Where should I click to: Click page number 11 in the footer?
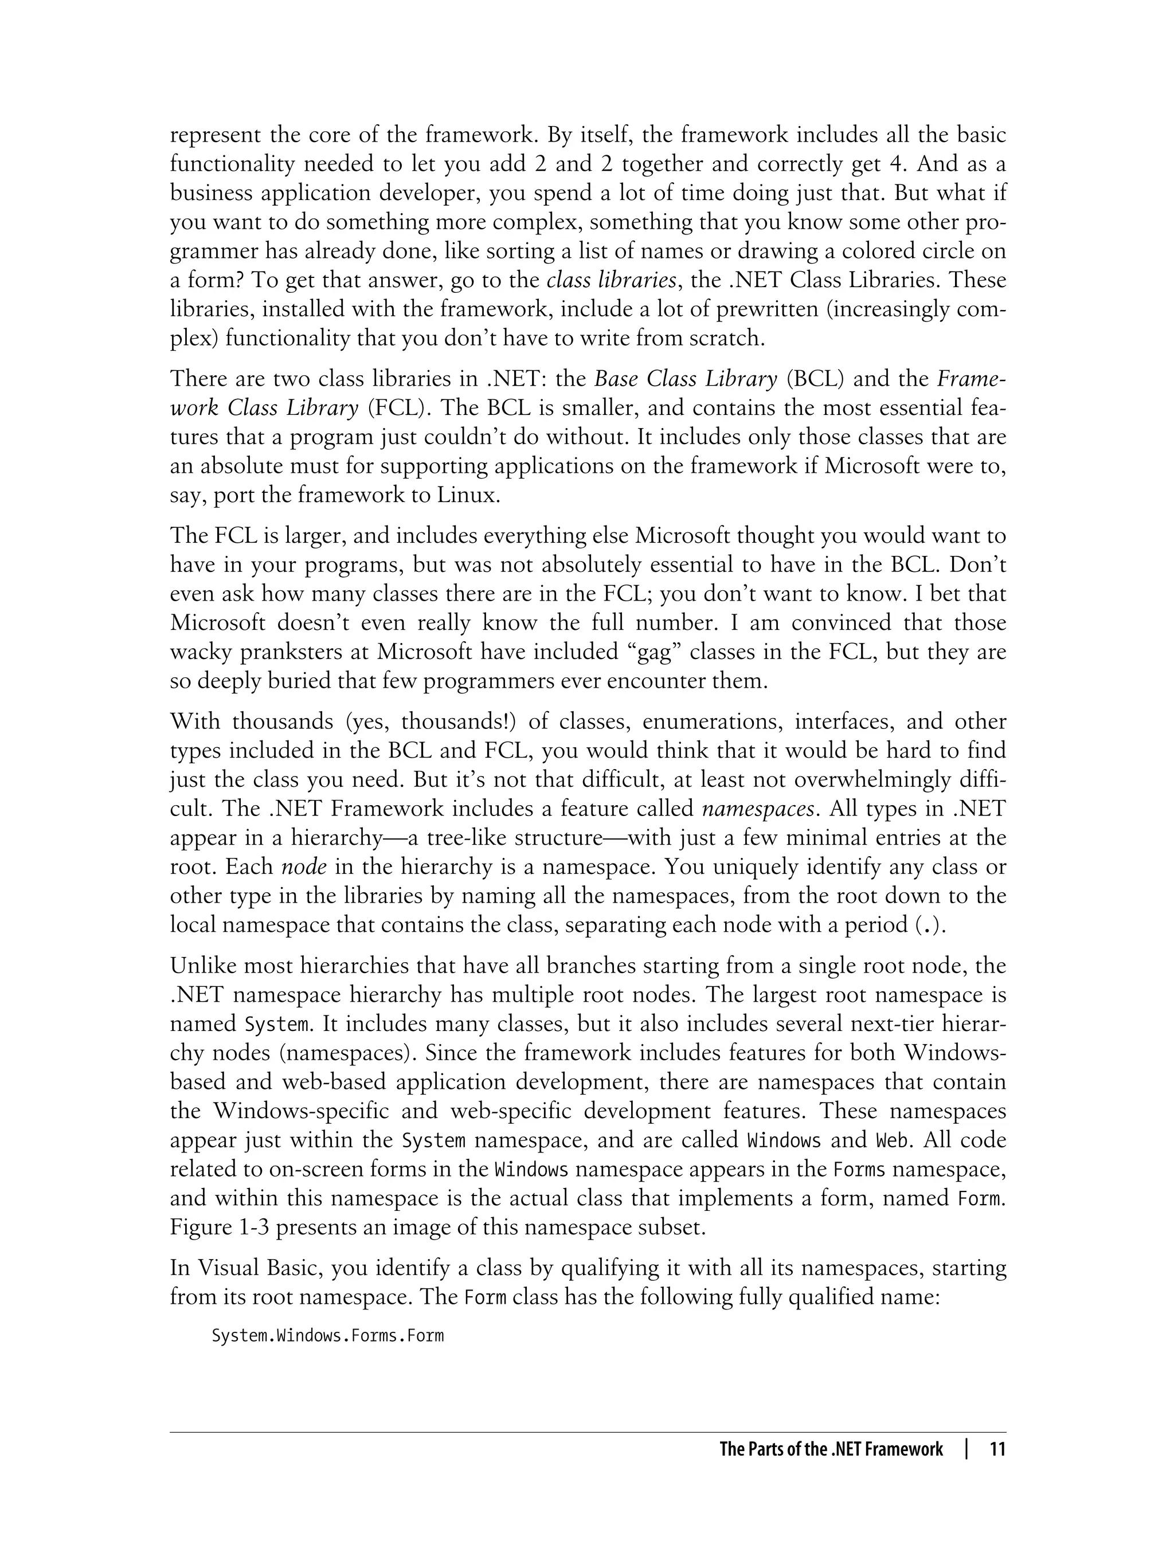click(997, 1449)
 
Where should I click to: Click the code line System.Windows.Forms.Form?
click(328, 1336)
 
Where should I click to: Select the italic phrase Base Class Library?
click(686, 379)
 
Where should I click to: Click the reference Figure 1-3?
click(220, 1228)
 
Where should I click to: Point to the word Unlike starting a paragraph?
click(204, 966)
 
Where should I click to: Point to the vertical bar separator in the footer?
click(966, 1449)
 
